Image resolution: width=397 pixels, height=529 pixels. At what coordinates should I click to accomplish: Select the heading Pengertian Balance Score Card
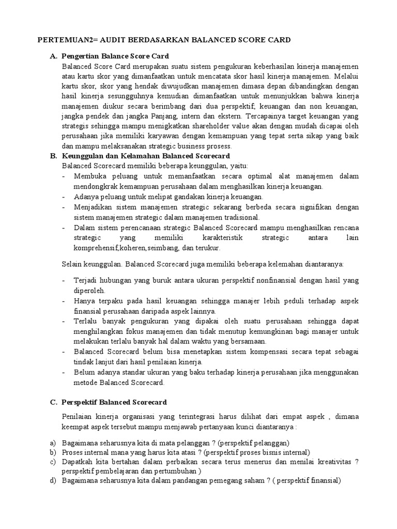tap(115, 56)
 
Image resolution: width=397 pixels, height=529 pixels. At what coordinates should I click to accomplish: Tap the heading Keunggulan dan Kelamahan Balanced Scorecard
tap(145, 156)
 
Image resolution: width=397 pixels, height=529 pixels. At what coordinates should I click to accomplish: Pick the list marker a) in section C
tap(53, 443)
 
